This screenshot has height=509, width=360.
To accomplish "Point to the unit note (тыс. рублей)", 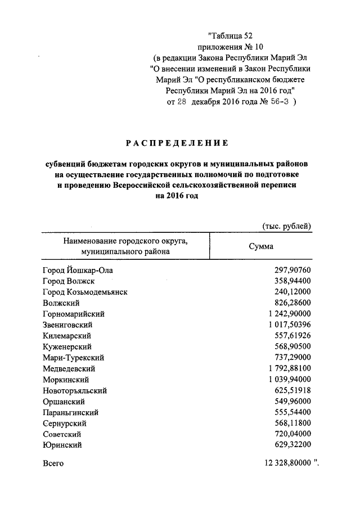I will coord(287,226).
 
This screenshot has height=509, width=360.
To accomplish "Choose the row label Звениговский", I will coord(67,325).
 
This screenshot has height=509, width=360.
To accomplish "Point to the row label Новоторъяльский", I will coord(75,390).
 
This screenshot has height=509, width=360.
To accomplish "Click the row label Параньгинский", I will coord(71,412).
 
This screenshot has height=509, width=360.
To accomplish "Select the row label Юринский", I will coord(62,445).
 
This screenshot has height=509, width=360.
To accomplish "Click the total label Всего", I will coord(53,463).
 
